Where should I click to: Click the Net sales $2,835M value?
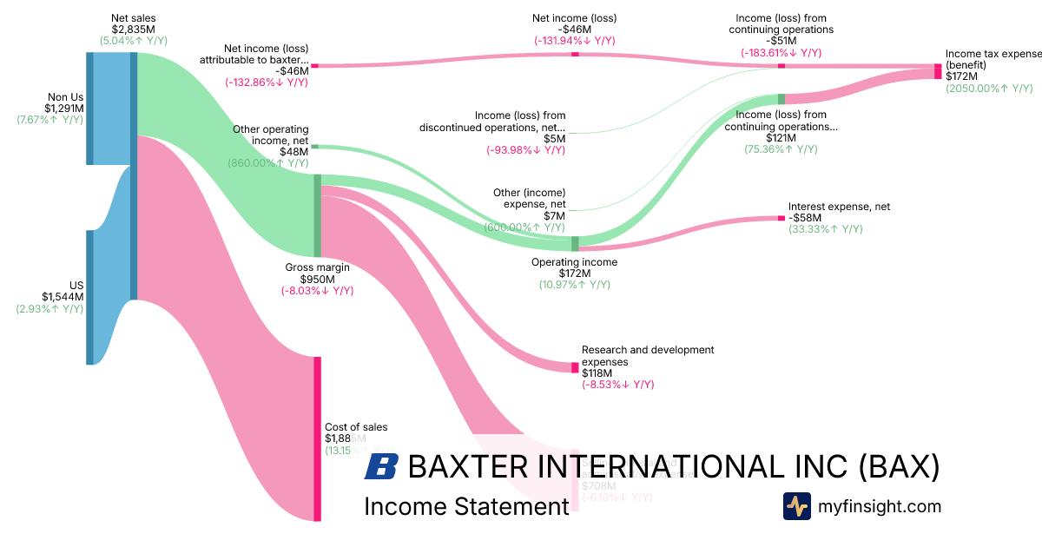click(x=133, y=29)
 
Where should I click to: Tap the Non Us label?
click(x=65, y=97)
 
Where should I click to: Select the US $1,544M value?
click(x=64, y=296)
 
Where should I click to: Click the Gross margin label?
click(x=318, y=267)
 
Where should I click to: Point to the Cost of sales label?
click(x=356, y=427)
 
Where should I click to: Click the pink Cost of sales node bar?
click(x=317, y=438)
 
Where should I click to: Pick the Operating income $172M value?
click(x=574, y=273)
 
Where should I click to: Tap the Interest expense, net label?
click(x=839, y=207)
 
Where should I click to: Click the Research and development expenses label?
click(x=648, y=356)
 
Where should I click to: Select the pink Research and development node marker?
click(x=575, y=367)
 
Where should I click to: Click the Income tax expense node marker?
click(x=938, y=71)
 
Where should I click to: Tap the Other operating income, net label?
click(x=270, y=135)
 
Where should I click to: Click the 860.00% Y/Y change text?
click(x=268, y=163)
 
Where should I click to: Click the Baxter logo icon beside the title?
click(x=381, y=467)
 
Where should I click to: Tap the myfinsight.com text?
click(x=880, y=506)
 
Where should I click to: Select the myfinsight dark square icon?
click(x=796, y=506)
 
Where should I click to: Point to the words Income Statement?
click(x=466, y=506)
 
